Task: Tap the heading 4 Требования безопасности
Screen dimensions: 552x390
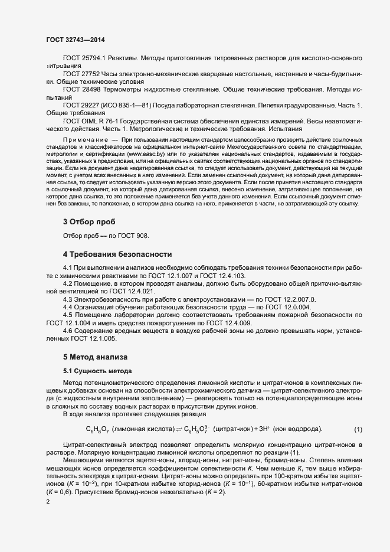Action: point(117,254)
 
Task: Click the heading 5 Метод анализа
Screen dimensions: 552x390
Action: point(96,357)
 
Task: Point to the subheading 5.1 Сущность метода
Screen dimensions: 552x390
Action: point(98,371)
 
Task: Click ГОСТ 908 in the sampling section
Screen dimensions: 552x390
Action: point(135,236)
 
